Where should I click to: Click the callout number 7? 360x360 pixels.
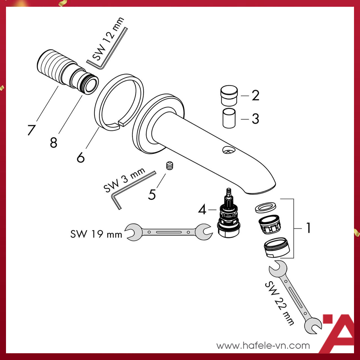tap(31, 130)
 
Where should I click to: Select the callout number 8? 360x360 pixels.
tap(54, 142)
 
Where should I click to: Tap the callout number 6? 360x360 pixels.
tap(81, 157)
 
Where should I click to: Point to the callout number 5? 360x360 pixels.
tap(152, 195)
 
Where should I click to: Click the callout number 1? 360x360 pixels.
tap(308, 228)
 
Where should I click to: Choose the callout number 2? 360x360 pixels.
tap(255, 96)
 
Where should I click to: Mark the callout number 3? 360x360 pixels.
tap(255, 119)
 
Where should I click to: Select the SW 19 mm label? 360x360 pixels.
tap(96, 234)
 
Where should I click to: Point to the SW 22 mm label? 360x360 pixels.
tap(280, 302)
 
